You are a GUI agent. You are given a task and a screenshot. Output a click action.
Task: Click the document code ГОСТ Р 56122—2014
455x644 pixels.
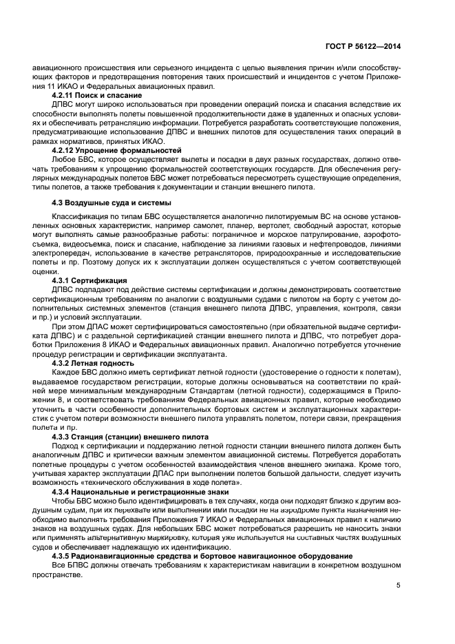click(x=363, y=46)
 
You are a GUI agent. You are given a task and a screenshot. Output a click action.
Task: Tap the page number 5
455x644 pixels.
click(x=398, y=586)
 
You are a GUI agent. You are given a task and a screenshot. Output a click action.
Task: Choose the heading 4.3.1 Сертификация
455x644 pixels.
click(x=89, y=280)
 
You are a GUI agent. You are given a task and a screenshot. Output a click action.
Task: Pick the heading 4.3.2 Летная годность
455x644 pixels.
click(x=94, y=362)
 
